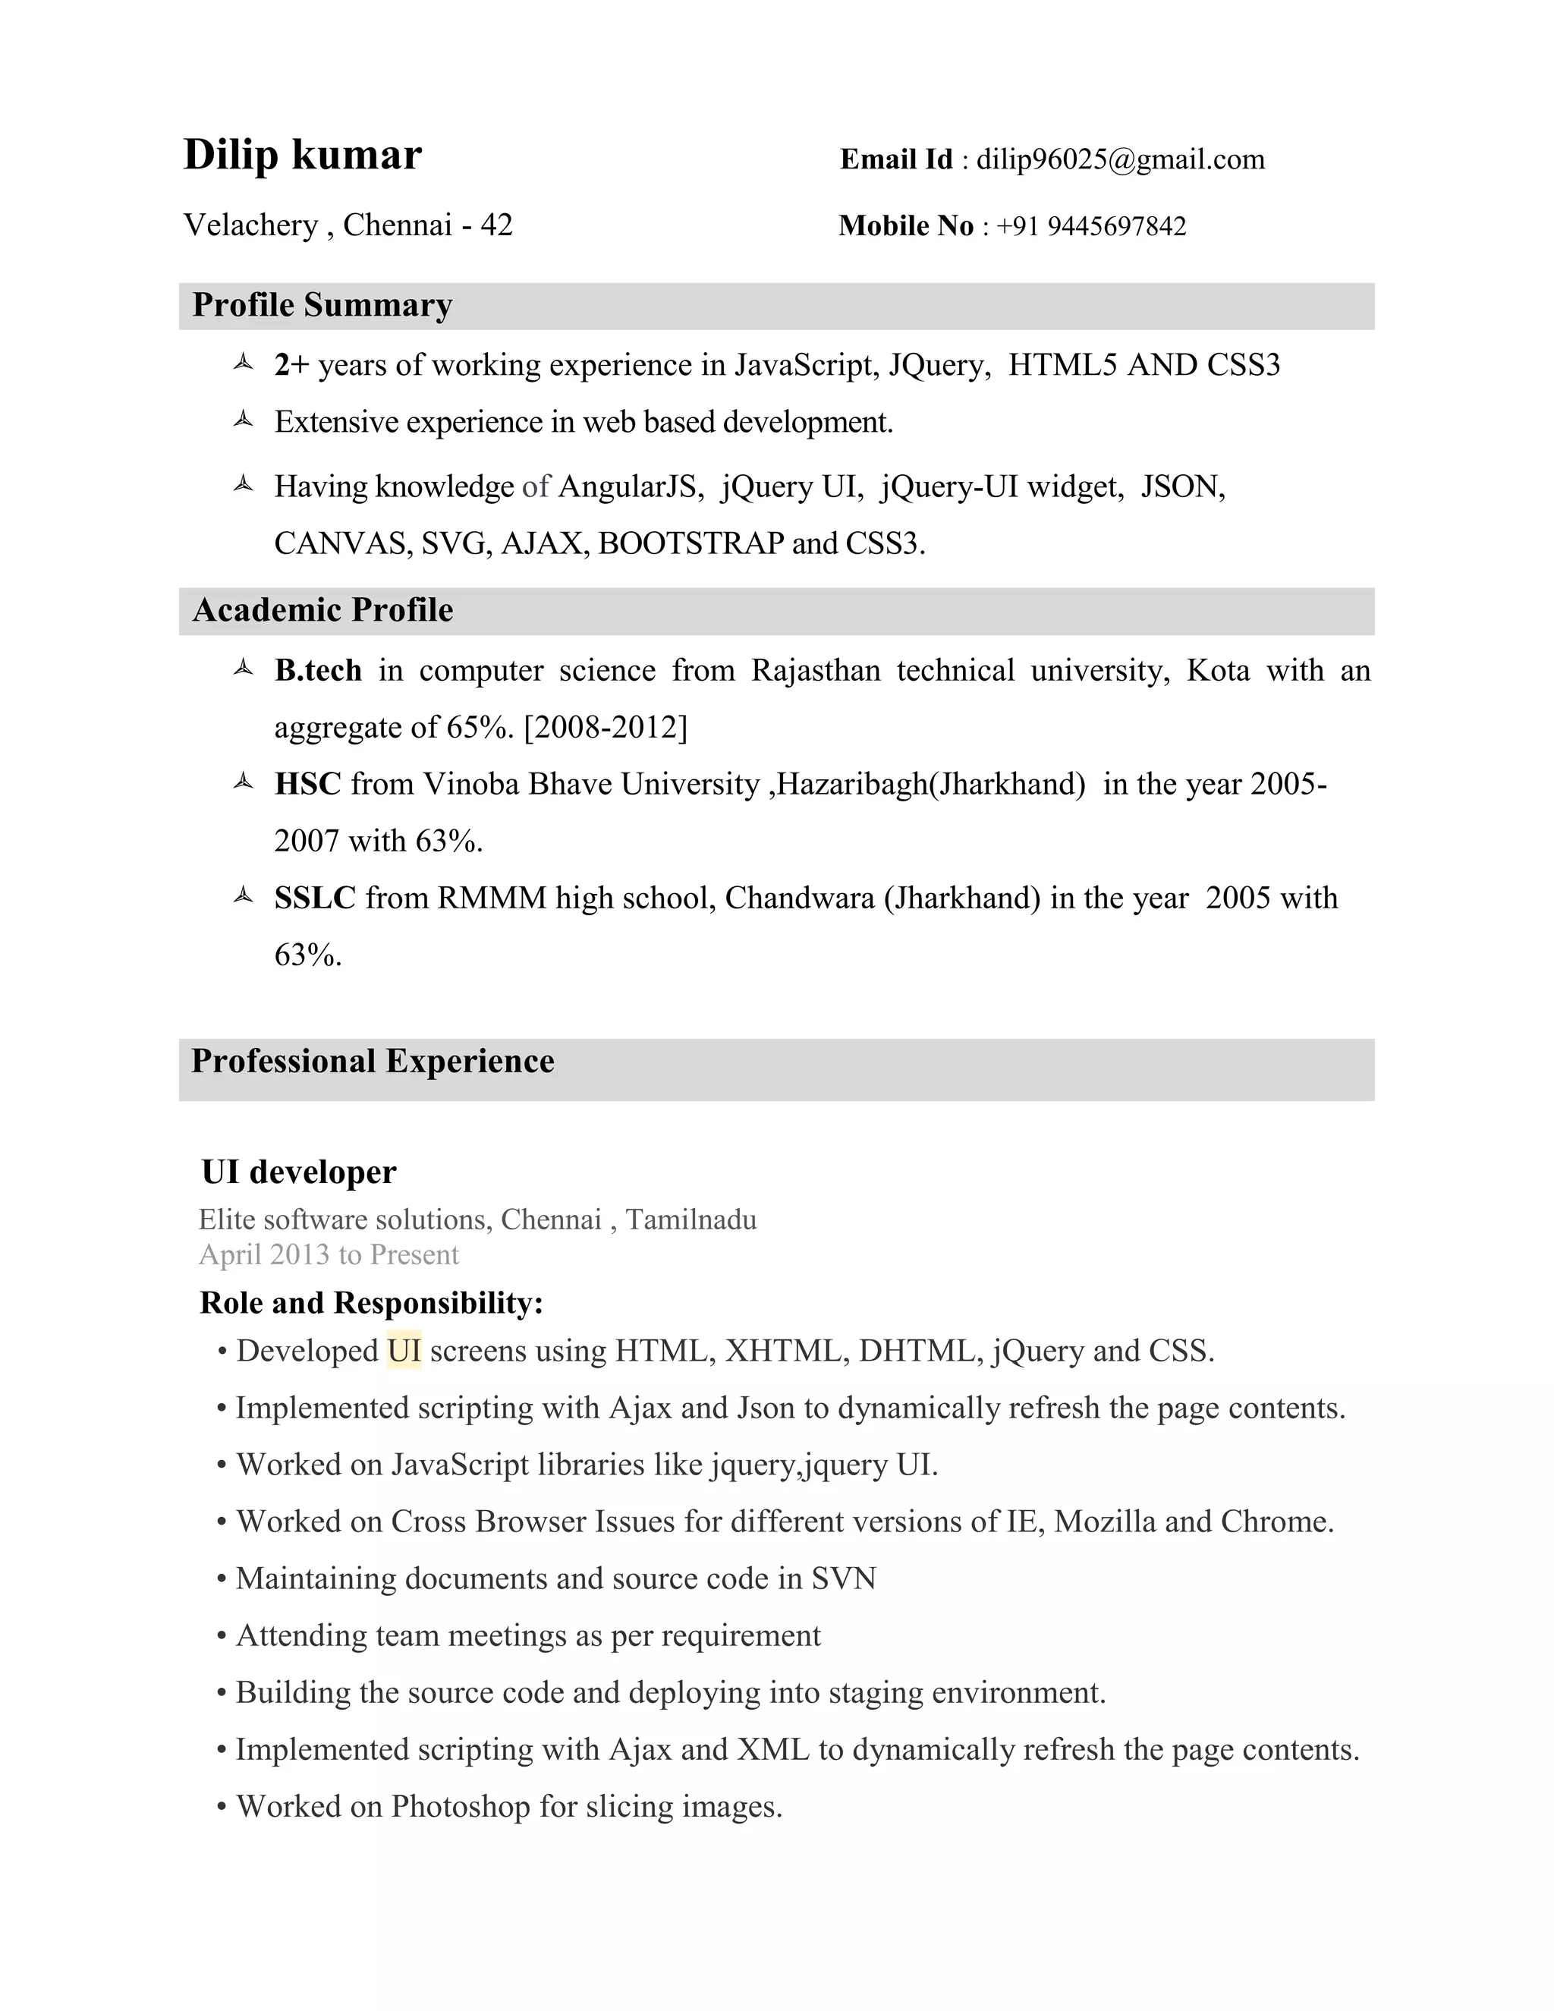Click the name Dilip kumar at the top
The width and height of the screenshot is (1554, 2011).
tap(302, 155)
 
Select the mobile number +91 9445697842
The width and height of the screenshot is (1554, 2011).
tap(1091, 226)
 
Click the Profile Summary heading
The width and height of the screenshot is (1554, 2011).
tap(322, 306)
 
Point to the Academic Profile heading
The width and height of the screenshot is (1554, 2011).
tap(322, 610)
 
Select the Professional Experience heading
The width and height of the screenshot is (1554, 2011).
tap(372, 1061)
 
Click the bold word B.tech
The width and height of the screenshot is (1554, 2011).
tap(318, 670)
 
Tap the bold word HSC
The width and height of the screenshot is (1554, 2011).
tap(307, 784)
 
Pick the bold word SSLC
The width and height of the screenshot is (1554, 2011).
tap(314, 898)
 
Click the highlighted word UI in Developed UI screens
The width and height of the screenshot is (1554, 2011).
tap(404, 1351)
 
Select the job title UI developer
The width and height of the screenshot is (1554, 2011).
tap(298, 1172)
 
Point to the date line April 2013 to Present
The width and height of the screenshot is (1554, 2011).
tap(329, 1255)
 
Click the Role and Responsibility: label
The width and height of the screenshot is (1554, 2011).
tap(371, 1303)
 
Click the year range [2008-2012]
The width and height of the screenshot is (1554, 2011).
tap(605, 728)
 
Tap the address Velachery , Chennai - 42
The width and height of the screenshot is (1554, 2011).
tap(348, 225)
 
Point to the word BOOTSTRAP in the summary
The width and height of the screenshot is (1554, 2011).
tap(690, 543)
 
